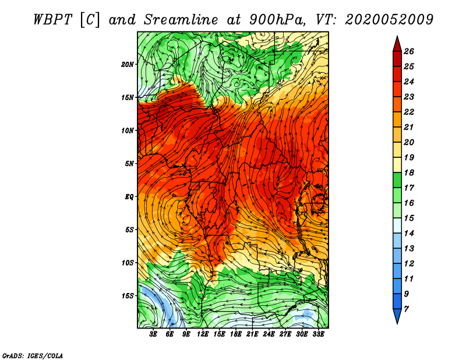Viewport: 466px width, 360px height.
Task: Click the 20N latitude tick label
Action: [128, 65]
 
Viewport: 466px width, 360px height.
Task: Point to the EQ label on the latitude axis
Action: [129, 197]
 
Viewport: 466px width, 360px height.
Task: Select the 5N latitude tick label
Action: [129, 164]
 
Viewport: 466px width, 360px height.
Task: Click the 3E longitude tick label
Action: [153, 334]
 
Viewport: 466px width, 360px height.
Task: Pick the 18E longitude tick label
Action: [236, 334]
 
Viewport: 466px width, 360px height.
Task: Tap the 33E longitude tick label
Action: [318, 334]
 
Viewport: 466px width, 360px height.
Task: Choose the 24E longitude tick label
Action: [269, 334]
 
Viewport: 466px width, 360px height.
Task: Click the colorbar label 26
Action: [409, 51]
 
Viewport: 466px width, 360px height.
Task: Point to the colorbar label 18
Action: [409, 172]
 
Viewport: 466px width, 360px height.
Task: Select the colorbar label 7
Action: [406, 309]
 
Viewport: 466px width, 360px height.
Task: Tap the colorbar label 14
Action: [409, 234]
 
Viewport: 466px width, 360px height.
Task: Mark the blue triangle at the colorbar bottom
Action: [397, 315]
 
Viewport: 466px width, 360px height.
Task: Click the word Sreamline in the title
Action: [181, 20]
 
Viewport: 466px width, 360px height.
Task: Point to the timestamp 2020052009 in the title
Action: [389, 20]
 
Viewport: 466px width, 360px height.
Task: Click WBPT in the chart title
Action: [53, 20]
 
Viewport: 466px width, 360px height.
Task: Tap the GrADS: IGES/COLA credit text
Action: [33, 355]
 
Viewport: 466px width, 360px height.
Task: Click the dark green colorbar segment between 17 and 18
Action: [397, 180]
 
